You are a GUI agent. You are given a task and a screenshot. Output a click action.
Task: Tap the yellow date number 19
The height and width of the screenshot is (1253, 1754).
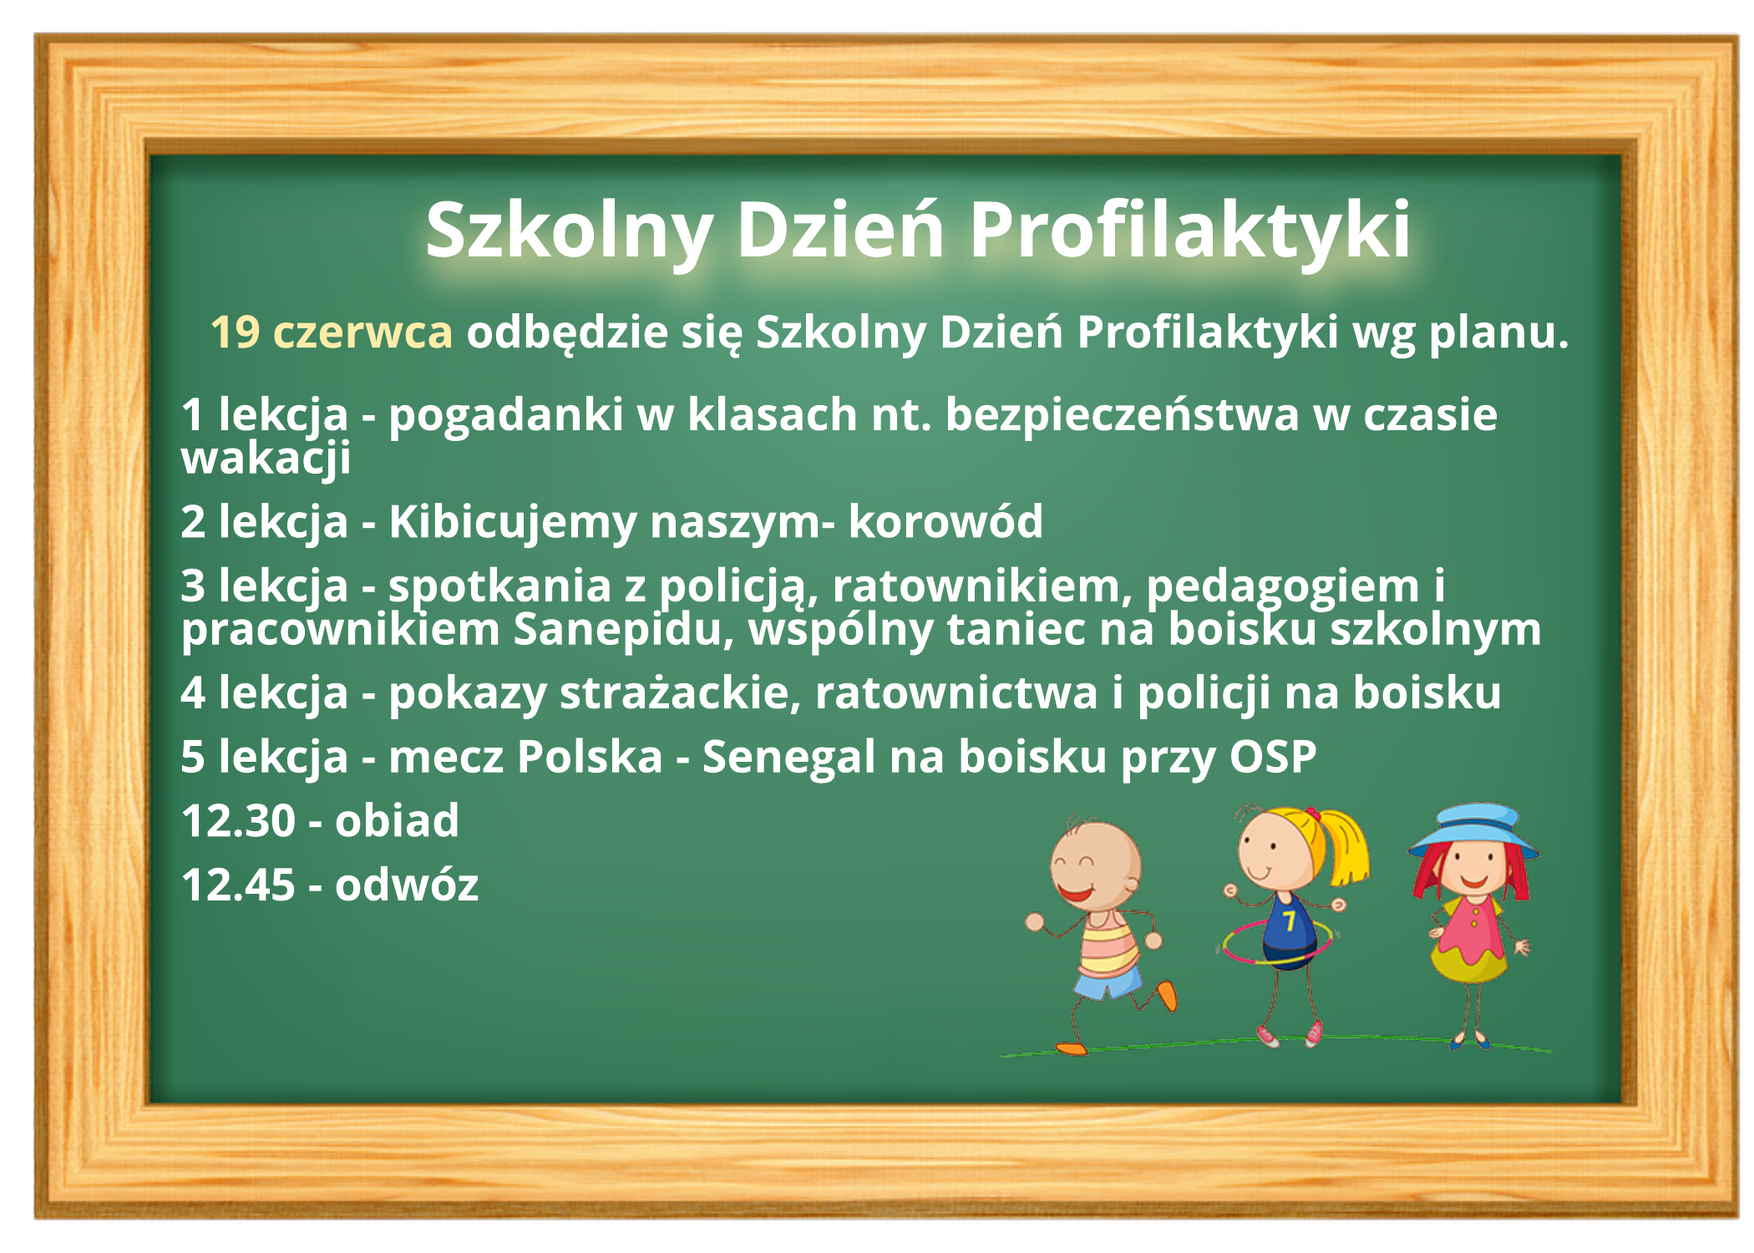(x=235, y=332)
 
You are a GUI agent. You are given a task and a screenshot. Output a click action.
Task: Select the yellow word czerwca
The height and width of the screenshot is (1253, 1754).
(x=362, y=333)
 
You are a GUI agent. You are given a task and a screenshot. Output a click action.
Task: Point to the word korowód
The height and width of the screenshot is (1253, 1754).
(x=945, y=521)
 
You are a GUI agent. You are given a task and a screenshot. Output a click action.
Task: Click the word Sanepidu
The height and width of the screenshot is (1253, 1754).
(x=623, y=630)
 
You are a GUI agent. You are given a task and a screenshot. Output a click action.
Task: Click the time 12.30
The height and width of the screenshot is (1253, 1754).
(x=238, y=821)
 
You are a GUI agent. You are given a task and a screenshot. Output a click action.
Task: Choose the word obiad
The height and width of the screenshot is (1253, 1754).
(x=397, y=821)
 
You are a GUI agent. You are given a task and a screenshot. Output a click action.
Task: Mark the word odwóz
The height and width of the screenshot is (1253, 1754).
(x=407, y=885)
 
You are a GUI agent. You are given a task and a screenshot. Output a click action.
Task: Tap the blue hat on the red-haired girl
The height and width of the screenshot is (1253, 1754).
(x=1473, y=830)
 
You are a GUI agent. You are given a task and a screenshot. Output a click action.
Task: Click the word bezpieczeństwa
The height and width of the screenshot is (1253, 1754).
(x=1122, y=416)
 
